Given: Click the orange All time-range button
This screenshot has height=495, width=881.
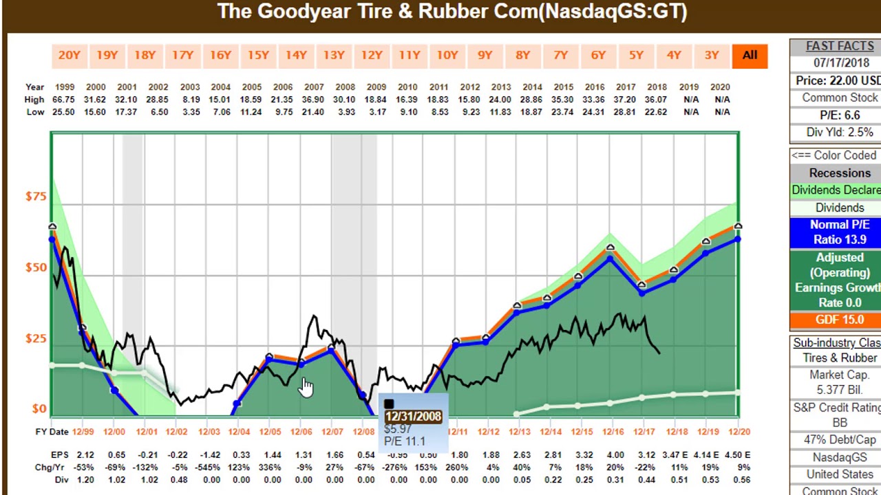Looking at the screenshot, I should point(750,56).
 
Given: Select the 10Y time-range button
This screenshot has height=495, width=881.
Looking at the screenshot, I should point(447,56).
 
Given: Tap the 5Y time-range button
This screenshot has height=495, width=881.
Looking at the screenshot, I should point(636,56).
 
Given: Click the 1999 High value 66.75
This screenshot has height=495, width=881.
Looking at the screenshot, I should point(64,100).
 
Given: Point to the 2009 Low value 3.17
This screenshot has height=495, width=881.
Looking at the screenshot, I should point(376,112).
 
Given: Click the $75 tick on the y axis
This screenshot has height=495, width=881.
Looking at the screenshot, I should point(36,197).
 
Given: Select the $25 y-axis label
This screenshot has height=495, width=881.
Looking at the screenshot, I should point(36,338).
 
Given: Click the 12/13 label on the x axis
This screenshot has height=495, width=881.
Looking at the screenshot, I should point(520,432).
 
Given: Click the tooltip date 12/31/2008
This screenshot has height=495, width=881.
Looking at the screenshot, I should point(413,417).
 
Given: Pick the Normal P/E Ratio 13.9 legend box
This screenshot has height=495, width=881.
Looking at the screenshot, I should point(839,232).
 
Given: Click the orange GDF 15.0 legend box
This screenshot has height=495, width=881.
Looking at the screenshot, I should point(839,320).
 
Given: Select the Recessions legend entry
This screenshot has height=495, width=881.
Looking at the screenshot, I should point(839,173).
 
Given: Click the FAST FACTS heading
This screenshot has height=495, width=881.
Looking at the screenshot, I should point(839,46).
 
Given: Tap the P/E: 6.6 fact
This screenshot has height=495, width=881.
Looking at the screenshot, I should point(839,115).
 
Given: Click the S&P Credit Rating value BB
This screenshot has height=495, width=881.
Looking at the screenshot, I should point(839,423).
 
